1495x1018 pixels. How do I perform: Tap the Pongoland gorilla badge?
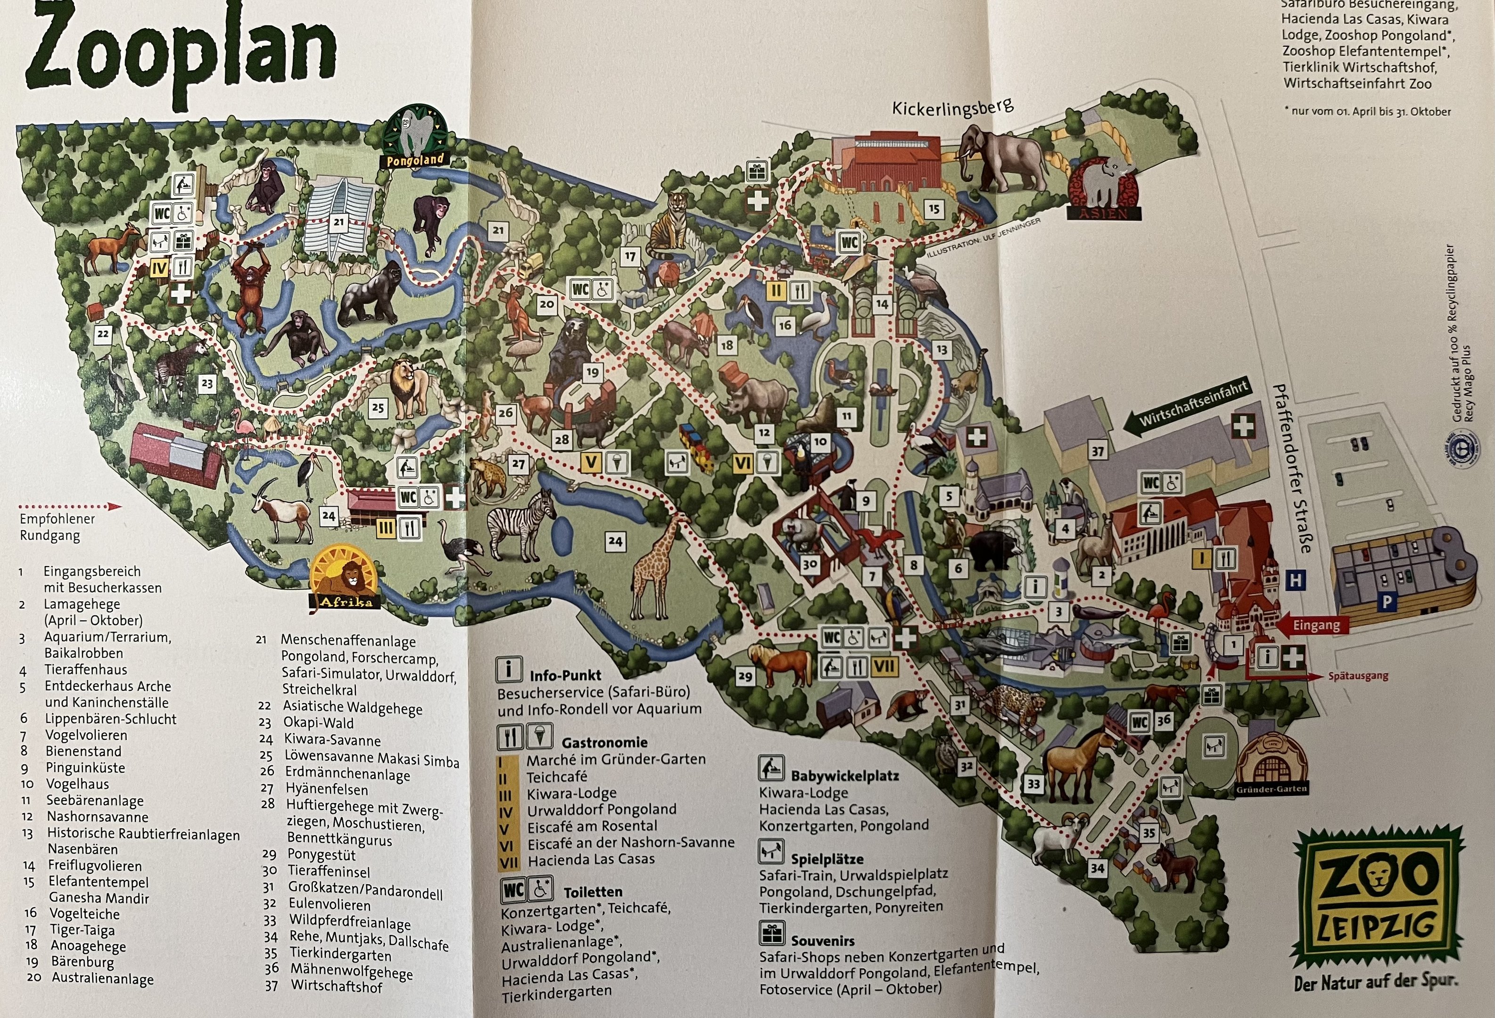(415, 136)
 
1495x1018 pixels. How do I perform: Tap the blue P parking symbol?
(1387, 603)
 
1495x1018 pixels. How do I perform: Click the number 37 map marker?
(1098, 451)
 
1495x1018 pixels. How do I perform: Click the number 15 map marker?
(933, 208)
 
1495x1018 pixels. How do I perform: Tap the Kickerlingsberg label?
(952, 107)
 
